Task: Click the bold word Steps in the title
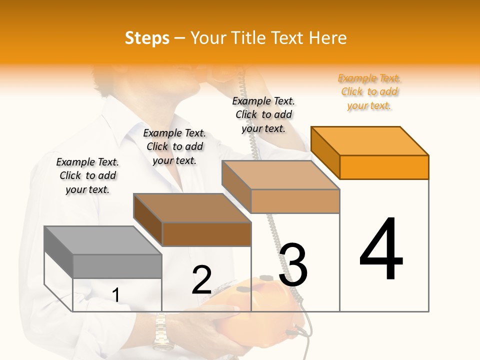(146, 38)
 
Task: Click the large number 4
(381, 250)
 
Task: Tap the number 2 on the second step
(201, 280)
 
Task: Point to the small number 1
(115, 295)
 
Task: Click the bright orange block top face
(369, 140)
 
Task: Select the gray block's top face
(102, 240)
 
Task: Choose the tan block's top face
(280, 175)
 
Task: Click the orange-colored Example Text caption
(369, 91)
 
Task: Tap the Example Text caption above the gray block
(87, 175)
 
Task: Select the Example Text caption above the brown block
(174, 146)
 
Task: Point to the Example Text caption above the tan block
(263, 114)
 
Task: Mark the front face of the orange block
(384, 167)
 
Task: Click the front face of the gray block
(117, 266)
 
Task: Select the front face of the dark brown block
(206, 234)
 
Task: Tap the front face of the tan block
(295, 201)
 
